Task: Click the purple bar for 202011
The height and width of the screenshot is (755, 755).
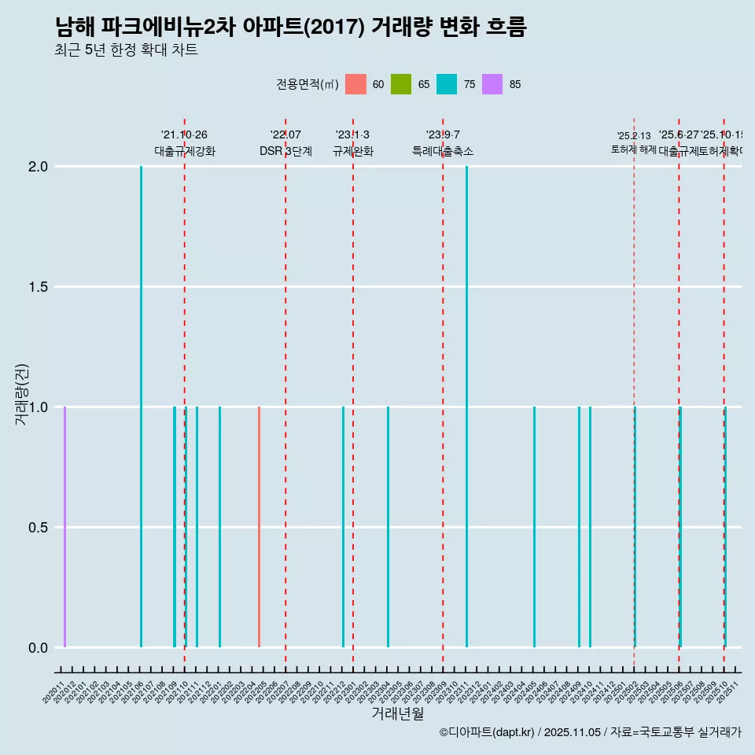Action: point(64,527)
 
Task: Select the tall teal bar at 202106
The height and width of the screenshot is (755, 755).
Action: point(142,407)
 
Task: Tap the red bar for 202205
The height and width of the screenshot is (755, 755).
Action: point(259,527)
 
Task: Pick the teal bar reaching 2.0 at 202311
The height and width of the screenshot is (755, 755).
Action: point(466,407)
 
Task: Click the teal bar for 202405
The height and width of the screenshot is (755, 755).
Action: point(534,527)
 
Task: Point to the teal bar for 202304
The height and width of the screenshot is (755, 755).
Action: point(388,527)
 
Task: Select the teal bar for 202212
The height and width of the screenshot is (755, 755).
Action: point(343,527)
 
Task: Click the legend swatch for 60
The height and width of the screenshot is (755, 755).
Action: point(355,84)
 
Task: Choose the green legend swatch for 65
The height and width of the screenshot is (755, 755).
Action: point(401,84)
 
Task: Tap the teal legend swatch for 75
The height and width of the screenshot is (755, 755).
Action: point(447,84)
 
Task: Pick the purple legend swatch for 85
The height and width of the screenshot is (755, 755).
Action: point(492,84)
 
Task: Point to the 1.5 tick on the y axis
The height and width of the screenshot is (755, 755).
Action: point(39,287)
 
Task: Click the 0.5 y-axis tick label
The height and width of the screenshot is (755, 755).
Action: point(39,528)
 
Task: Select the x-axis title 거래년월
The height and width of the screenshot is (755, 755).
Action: point(397,714)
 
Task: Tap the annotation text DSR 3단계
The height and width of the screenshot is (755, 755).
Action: point(285,151)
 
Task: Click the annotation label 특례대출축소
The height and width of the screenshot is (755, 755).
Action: point(443,151)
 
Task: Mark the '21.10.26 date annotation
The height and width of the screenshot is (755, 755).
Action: point(184,135)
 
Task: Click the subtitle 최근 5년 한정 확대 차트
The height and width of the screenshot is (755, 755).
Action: point(126,50)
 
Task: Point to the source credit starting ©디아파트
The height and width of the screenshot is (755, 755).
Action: point(590,732)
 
